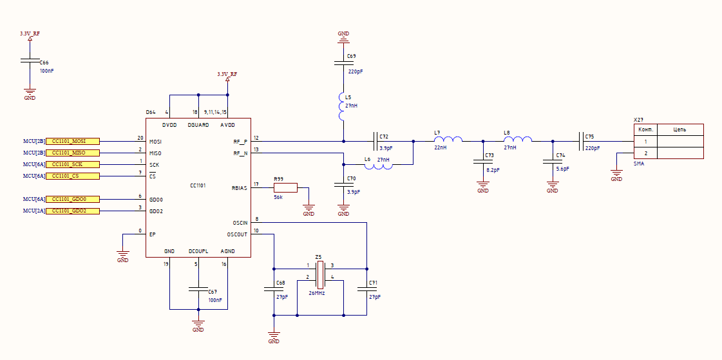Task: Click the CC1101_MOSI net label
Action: [x=73, y=141]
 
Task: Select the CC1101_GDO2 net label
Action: [x=73, y=211]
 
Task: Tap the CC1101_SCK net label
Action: [x=73, y=164]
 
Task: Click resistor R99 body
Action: [x=285, y=188]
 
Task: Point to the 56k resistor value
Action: [x=278, y=196]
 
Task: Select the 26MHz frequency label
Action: [x=318, y=293]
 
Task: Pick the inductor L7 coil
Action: [x=448, y=139]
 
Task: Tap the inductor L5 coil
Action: [x=341, y=107]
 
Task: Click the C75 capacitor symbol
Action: [x=582, y=141]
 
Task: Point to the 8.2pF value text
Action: [x=493, y=170]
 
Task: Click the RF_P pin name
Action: [x=240, y=141]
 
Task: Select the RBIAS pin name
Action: [x=240, y=188]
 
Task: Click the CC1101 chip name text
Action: [x=198, y=185]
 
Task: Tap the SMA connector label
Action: [x=639, y=164]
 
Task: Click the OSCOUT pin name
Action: [x=237, y=234]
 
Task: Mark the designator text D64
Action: [x=151, y=112]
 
